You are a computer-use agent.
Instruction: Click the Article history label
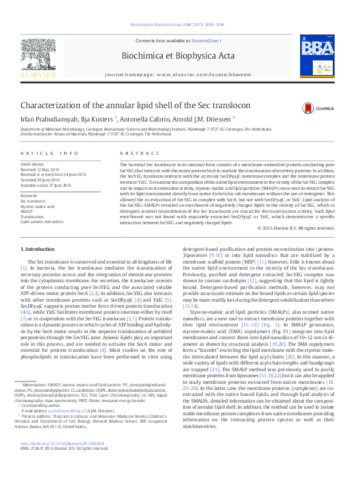point(33,164)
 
